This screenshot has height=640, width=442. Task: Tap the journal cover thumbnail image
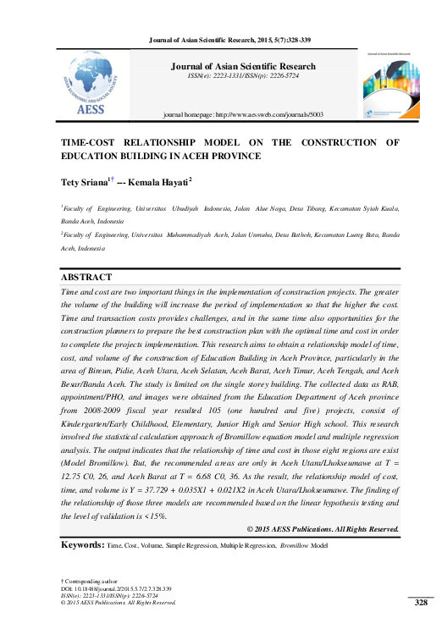[x=390, y=84]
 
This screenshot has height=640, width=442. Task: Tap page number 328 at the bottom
[x=420, y=603]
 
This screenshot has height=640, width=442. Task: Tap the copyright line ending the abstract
[x=322, y=529]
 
